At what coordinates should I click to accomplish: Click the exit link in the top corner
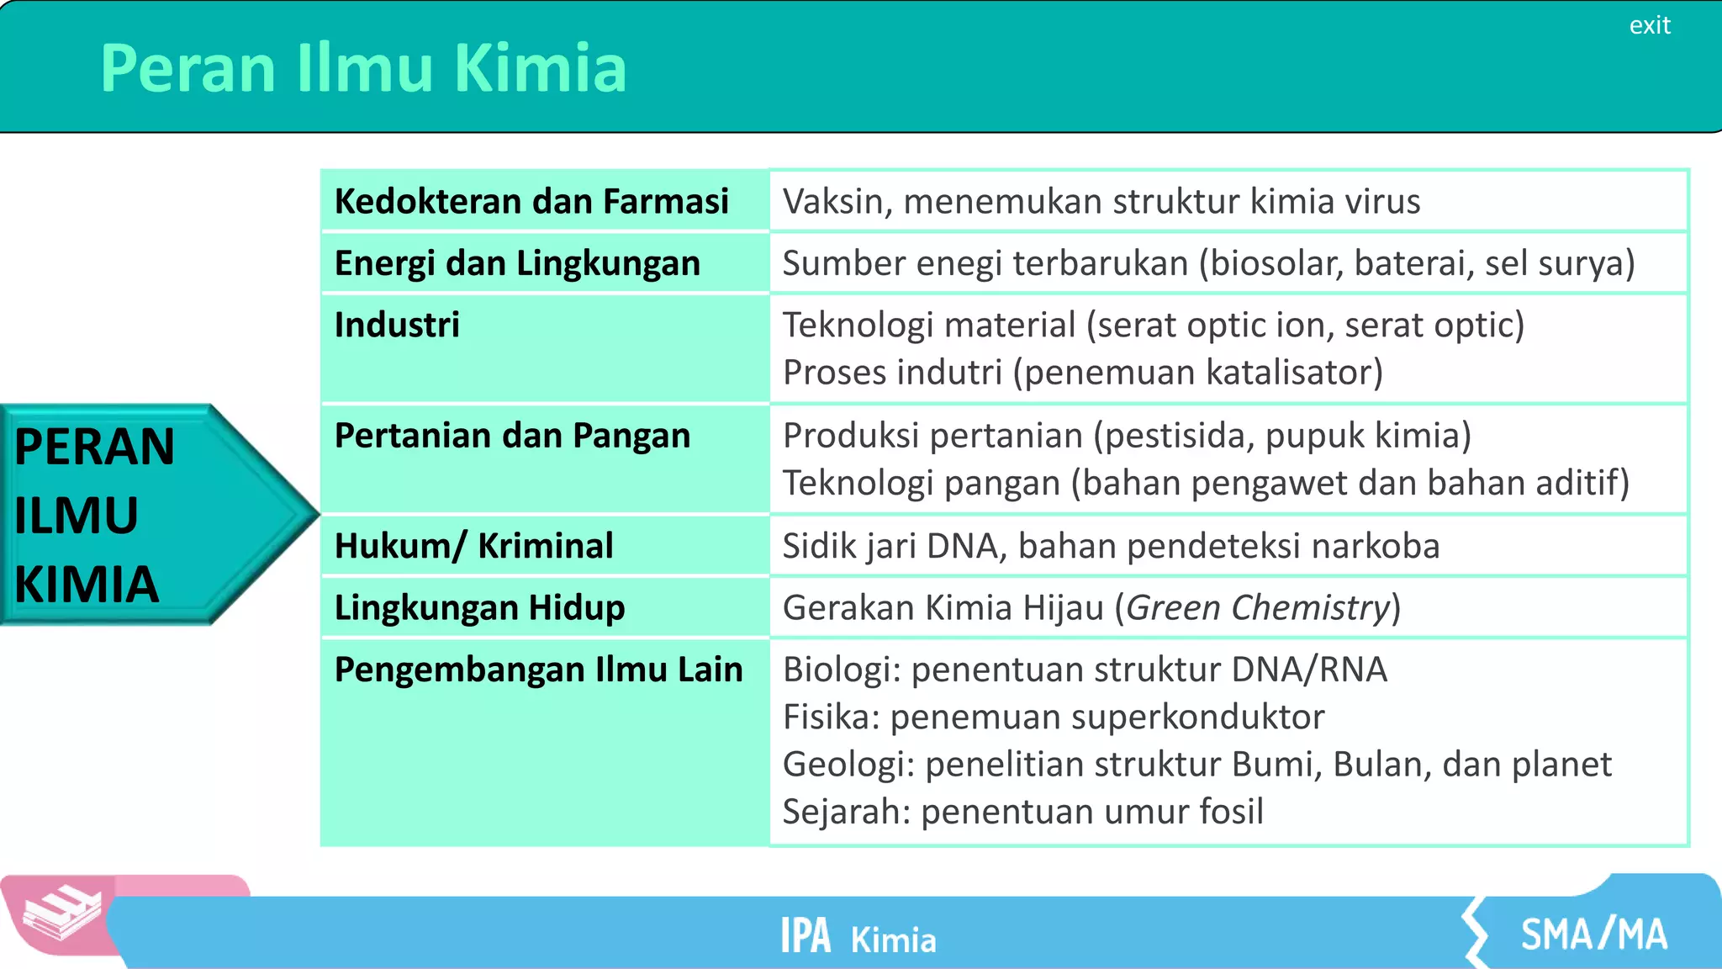[1649, 26]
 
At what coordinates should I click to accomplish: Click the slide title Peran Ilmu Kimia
[363, 68]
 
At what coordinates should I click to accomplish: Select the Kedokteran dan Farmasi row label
[531, 202]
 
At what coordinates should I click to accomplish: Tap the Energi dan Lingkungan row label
[517, 263]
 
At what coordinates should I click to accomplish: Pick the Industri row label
[397, 326]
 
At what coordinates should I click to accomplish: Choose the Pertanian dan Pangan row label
[512, 436]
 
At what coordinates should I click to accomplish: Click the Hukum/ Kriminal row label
[473, 546]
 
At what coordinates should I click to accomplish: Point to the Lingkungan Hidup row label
[479, 607]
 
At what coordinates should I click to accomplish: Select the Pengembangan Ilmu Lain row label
[538, 670]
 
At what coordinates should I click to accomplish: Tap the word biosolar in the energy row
[1276, 263]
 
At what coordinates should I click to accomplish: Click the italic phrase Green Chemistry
[1257, 607]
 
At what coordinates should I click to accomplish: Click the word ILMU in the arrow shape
[76, 516]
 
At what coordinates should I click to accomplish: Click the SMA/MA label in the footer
[1593, 935]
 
